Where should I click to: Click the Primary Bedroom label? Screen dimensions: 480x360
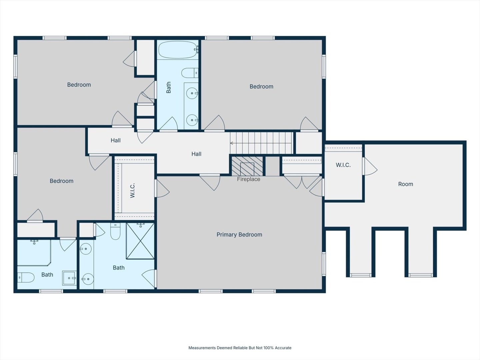pyautogui.click(x=239, y=235)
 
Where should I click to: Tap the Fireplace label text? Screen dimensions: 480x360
pyautogui.click(x=249, y=179)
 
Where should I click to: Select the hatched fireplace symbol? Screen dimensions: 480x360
pyautogui.click(x=247, y=166)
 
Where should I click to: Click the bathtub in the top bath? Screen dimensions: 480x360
pyautogui.click(x=178, y=50)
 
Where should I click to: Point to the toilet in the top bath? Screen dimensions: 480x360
pyautogui.click(x=190, y=73)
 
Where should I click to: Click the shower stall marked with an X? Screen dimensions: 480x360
pyautogui.click(x=140, y=241)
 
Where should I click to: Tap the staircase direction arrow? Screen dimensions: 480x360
pyautogui.click(x=232, y=143)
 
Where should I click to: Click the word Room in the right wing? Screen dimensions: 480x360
pyautogui.click(x=405, y=184)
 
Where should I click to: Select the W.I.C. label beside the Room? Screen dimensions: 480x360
pyautogui.click(x=343, y=165)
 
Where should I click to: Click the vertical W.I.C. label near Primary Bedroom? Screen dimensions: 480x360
pyautogui.click(x=132, y=190)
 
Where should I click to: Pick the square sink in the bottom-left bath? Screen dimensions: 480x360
pyautogui.click(x=69, y=278)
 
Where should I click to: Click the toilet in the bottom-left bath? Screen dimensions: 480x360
pyautogui.click(x=26, y=277)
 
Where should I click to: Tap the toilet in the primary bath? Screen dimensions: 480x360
pyautogui.click(x=115, y=231)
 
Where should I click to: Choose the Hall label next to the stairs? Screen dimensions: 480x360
pyautogui.click(x=196, y=154)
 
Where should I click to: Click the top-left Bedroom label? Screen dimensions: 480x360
pyautogui.click(x=79, y=85)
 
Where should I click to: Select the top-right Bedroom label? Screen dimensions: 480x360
pyautogui.click(x=261, y=86)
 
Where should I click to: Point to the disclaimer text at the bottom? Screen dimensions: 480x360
pyautogui.click(x=240, y=348)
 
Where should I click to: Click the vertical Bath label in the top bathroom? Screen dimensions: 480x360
pyautogui.click(x=168, y=87)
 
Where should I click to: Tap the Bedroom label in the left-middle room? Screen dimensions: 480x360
pyautogui.click(x=61, y=181)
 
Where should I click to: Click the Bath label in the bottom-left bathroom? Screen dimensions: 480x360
pyautogui.click(x=47, y=275)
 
